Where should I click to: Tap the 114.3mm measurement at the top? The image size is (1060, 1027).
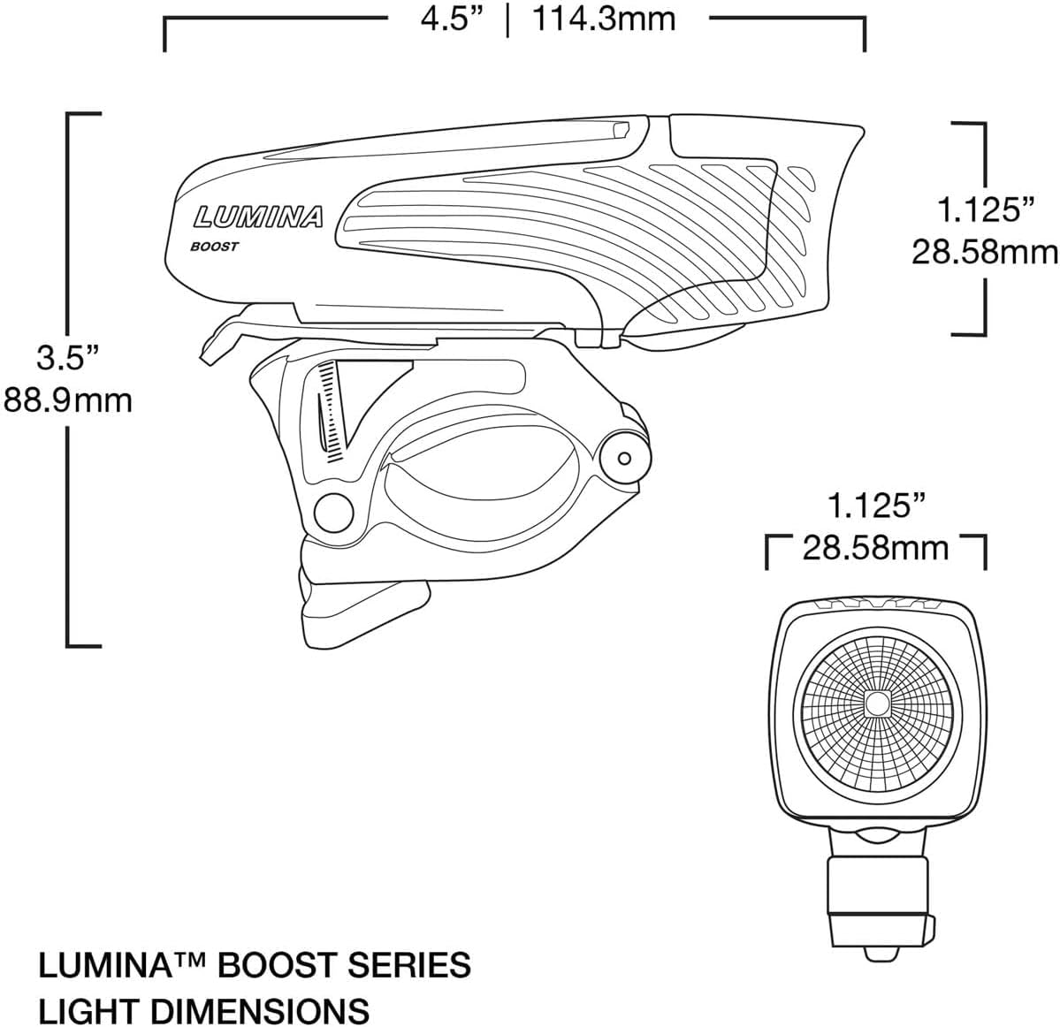tap(604, 19)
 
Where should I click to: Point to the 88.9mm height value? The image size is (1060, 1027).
tap(68, 400)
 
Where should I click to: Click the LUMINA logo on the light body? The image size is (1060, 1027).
tap(259, 217)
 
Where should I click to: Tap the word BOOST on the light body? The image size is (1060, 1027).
tap(215, 247)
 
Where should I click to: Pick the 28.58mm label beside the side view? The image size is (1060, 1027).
tap(985, 253)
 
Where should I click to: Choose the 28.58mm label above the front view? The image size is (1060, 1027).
tap(875, 548)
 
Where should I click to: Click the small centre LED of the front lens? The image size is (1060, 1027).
tap(877, 704)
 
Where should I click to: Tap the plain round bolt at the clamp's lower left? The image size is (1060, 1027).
tap(332, 510)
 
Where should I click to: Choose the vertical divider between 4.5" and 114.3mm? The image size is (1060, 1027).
tap(507, 19)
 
